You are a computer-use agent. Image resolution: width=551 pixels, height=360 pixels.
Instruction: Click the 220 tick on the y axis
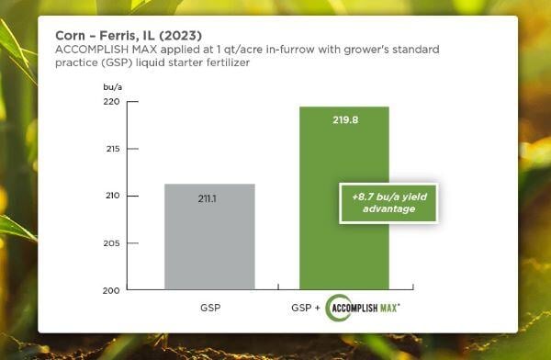point(108,102)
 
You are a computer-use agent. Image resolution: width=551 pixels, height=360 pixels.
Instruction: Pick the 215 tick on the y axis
point(108,149)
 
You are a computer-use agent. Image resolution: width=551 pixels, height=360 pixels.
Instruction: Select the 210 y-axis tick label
point(108,197)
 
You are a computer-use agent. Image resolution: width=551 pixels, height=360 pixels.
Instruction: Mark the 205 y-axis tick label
point(108,243)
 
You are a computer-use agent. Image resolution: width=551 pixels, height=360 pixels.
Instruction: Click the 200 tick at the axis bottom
point(108,290)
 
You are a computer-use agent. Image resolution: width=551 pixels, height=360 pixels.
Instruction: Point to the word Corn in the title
point(73,34)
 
